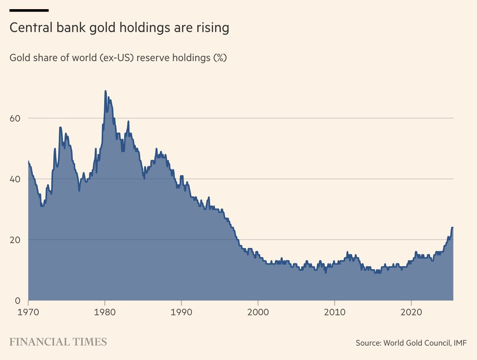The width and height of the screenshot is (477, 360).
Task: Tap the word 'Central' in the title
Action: tap(26, 28)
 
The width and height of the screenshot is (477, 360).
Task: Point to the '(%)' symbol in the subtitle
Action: tap(220, 58)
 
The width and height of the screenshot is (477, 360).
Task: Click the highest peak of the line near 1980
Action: tap(105, 91)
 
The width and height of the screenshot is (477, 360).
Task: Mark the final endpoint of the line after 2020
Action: tap(452, 228)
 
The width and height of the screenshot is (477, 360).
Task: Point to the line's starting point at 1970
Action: tap(28, 161)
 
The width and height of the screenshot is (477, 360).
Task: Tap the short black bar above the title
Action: tap(29, 10)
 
